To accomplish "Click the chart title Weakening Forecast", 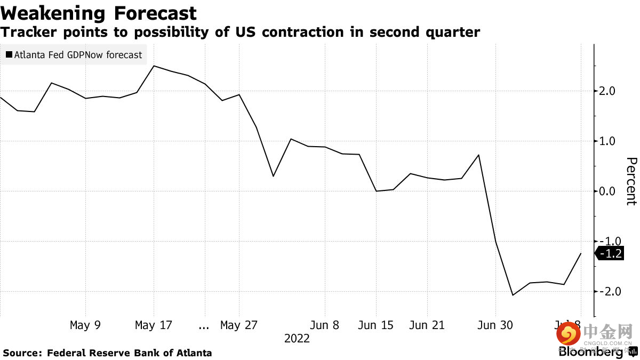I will click(x=99, y=13).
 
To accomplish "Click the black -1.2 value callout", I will click(x=610, y=254).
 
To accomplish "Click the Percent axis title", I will click(x=631, y=181).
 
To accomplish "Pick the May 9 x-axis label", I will click(x=85, y=325).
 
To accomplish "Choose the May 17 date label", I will click(x=154, y=325).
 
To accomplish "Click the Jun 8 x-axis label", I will click(x=324, y=325).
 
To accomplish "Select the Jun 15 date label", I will click(x=375, y=325).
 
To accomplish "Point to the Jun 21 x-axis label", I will click(x=427, y=325).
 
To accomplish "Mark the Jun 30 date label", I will click(x=495, y=325).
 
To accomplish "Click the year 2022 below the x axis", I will click(x=297, y=338).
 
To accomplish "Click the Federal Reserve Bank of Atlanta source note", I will click(x=129, y=353).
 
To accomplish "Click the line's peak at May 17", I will click(x=154, y=66).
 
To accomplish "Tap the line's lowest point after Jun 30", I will click(x=513, y=295).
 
